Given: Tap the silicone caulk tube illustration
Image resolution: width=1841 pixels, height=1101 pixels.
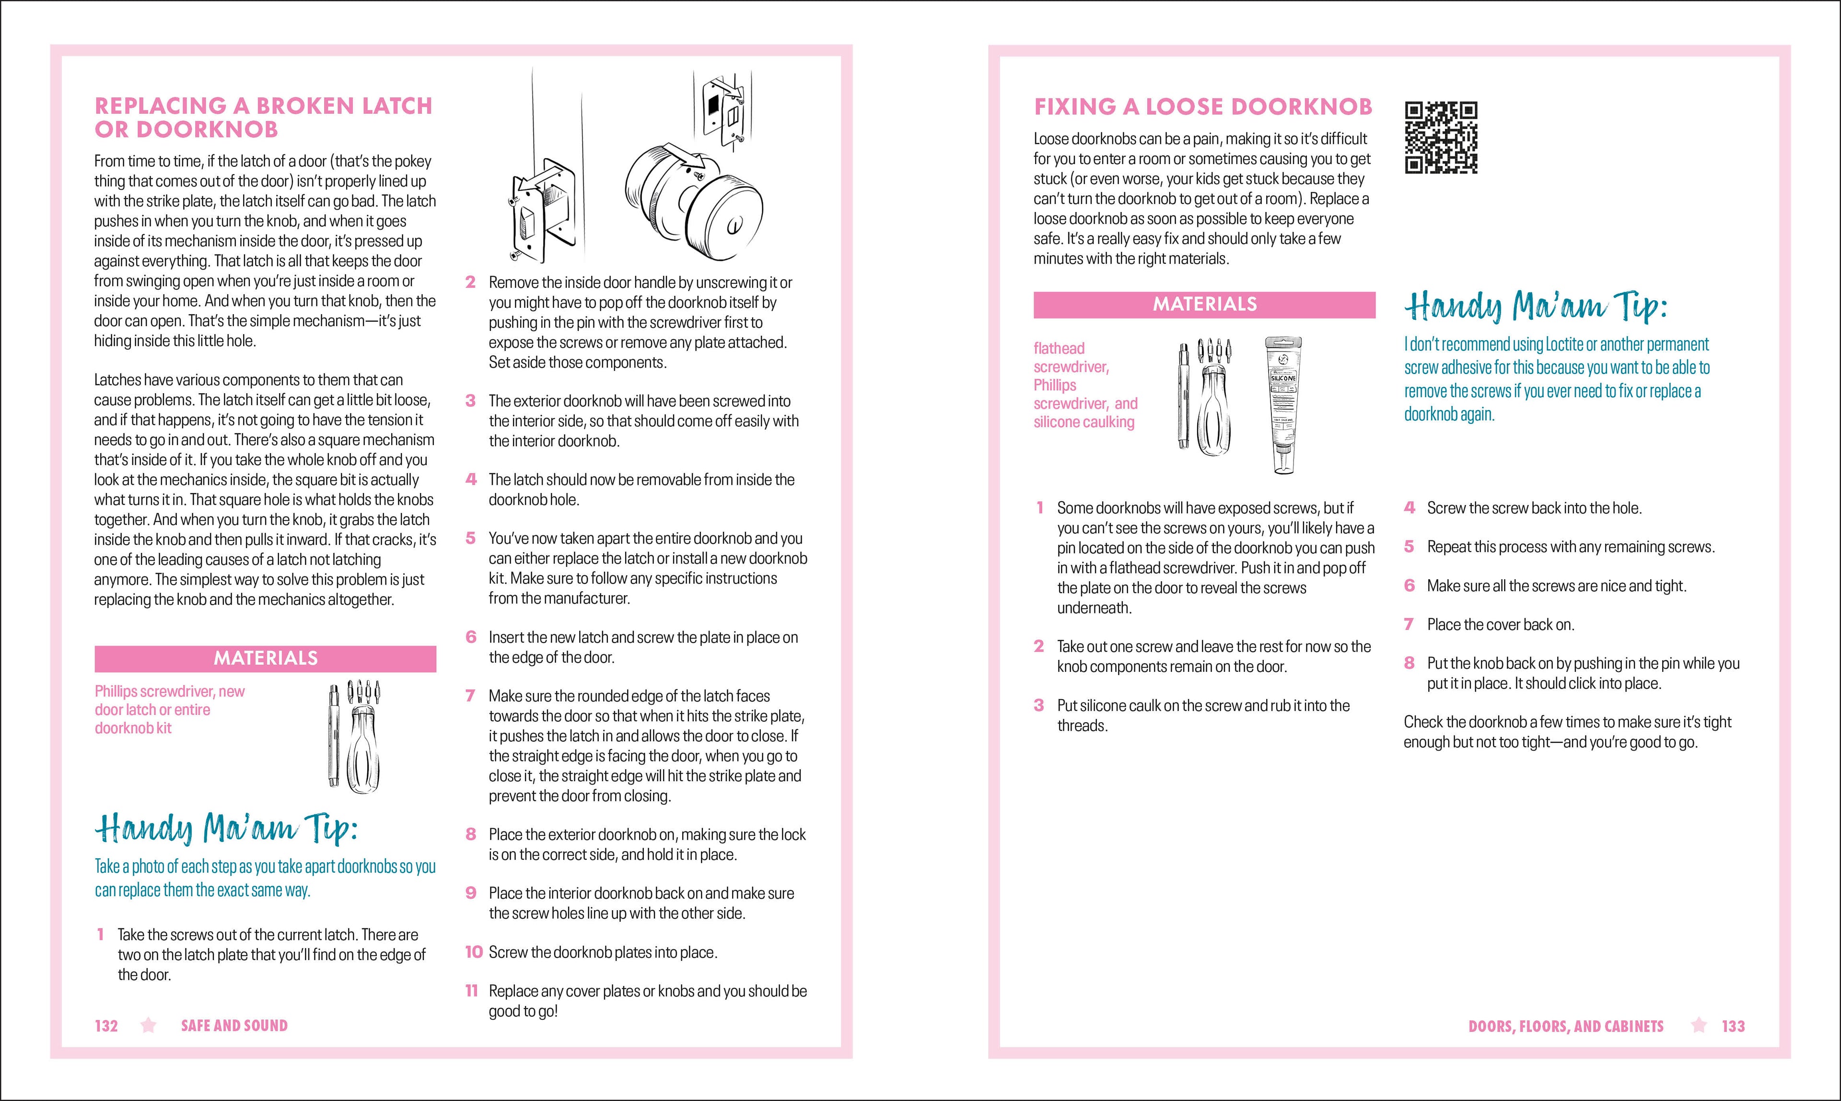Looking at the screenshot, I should coord(1282,405).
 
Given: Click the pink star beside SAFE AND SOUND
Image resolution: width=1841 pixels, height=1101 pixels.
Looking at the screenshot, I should coord(148,1025).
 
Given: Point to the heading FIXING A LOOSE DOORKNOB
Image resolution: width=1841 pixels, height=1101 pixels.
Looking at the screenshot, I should coord(1202,107).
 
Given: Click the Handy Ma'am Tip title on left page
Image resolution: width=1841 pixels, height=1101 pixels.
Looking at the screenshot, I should coord(226,829).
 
